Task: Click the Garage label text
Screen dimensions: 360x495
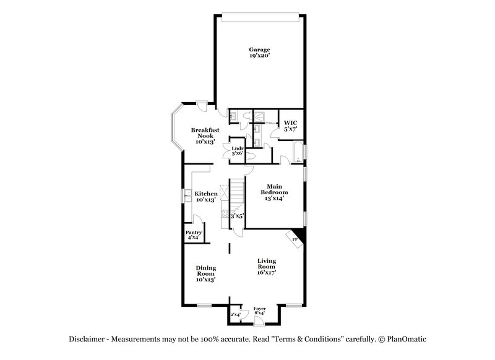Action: tap(259, 49)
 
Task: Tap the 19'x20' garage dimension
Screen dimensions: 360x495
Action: tap(259, 56)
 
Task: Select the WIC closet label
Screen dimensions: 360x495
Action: tap(290, 122)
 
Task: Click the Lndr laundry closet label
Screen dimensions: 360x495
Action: tap(237, 149)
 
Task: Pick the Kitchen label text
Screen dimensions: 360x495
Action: tap(205, 194)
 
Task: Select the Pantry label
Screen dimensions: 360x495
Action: tap(192, 233)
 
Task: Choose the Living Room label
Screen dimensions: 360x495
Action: tap(267, 264)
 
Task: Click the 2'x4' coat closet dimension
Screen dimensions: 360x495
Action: tap(235, 314)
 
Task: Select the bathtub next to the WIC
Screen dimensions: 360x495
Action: tap(297, 150)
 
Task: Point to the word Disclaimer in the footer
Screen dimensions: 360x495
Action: tap(88, 339)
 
